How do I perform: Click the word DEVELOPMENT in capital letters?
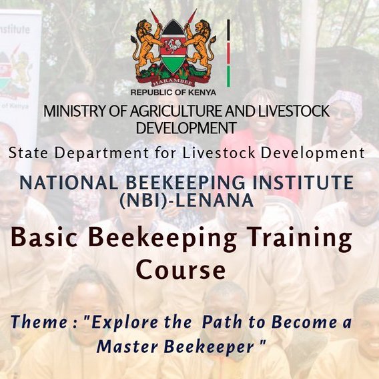185,127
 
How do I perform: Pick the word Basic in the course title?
45,238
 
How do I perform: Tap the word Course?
180,270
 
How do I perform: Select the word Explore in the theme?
121,323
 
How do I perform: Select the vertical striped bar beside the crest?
229,53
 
